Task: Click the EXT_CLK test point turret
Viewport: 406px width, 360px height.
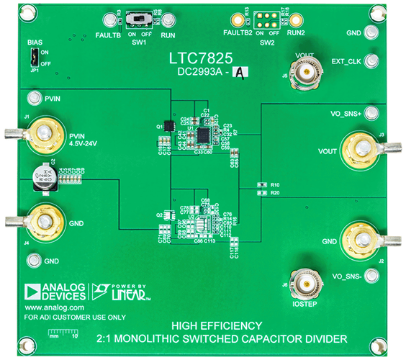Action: pos(372,61)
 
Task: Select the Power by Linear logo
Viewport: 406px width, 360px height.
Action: pos(119,291)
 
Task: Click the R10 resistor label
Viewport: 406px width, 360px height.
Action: pos(276,185)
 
